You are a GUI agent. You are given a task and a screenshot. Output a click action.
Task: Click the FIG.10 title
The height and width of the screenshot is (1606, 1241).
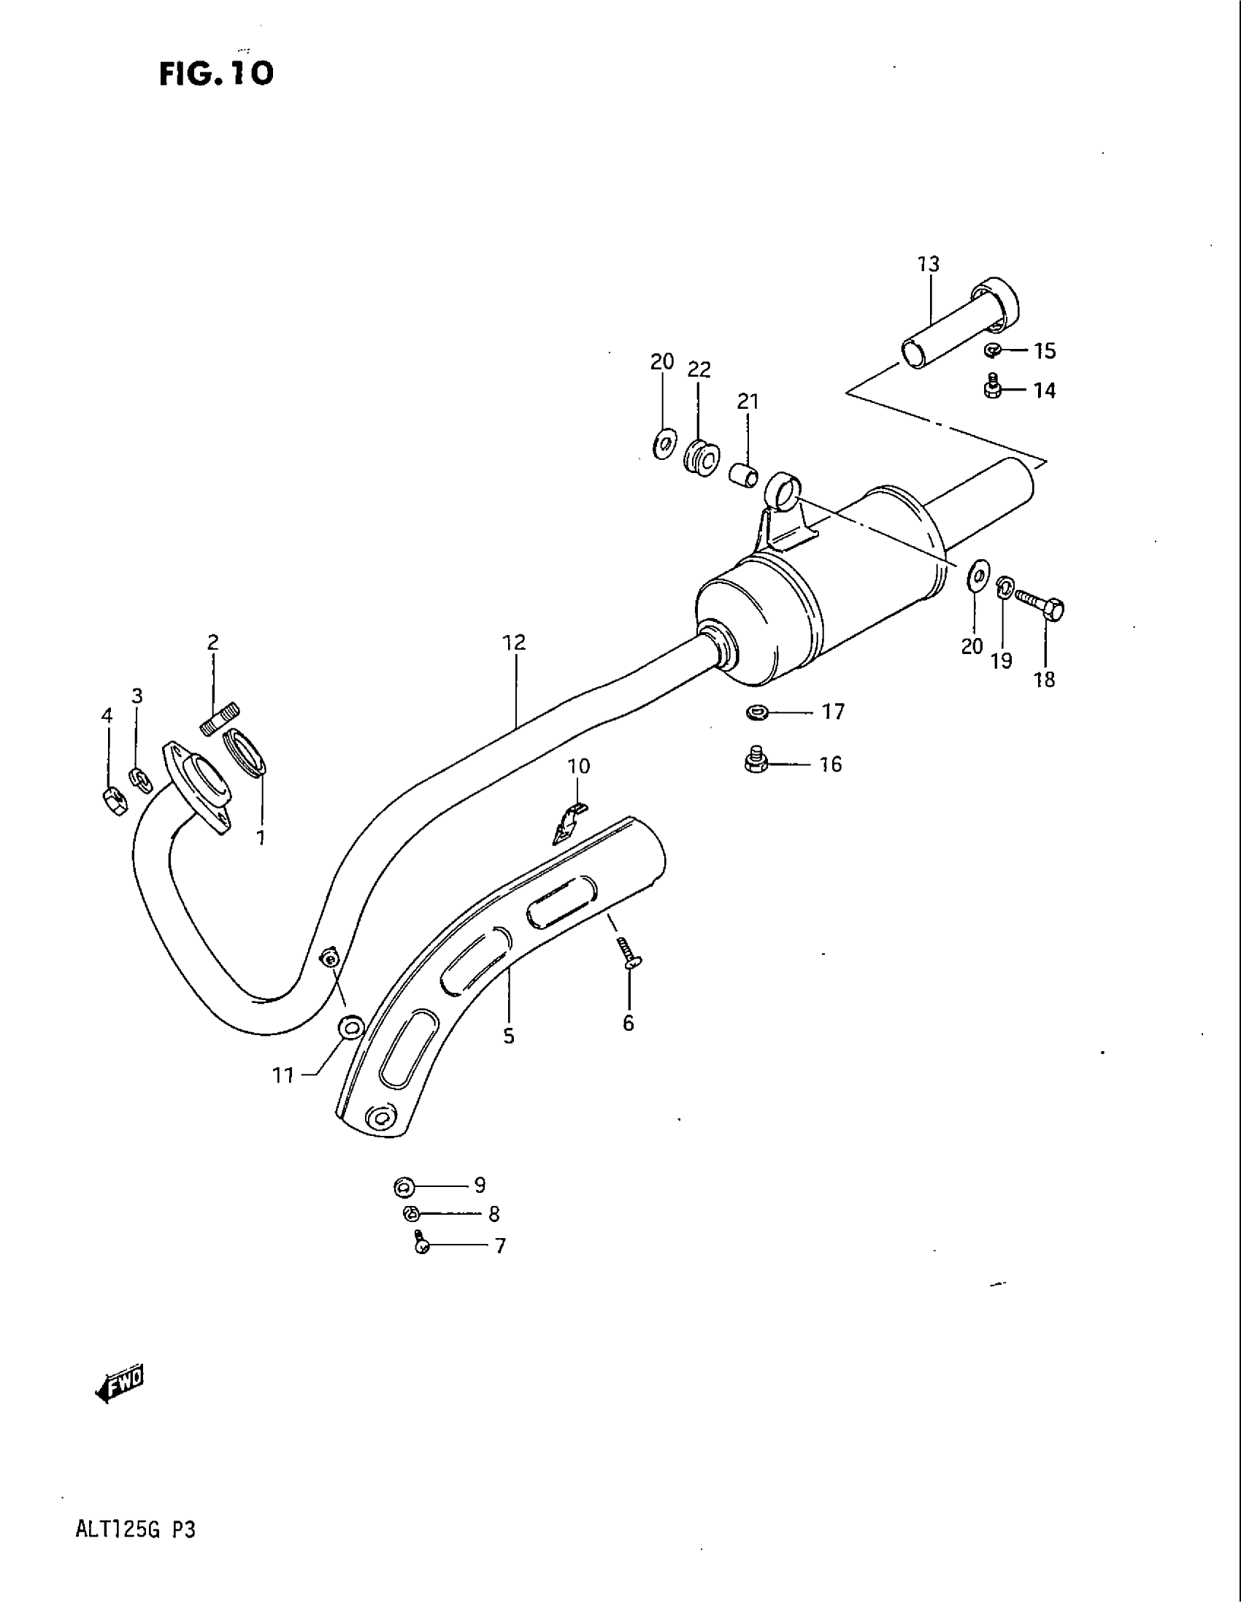(216, 73)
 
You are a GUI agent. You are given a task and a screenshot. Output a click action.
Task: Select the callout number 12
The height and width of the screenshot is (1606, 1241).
(514, 642)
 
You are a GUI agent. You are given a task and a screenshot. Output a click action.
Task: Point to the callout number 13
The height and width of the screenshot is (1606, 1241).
(929, 264)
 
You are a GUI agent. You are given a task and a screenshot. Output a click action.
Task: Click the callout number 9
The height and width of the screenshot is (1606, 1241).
(480, 1185)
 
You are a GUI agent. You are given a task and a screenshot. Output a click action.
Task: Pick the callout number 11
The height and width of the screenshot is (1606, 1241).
(284, 1076)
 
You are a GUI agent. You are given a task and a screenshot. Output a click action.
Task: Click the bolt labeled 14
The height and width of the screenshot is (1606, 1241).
(993, 388)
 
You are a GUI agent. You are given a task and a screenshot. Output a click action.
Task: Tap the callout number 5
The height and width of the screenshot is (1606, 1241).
(509, 1036)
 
